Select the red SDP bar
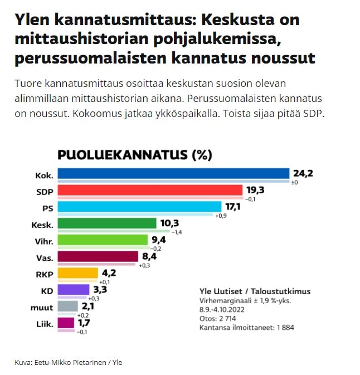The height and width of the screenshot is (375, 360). [x=150, y=190]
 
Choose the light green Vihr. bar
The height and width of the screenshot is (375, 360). [x=104, y=240]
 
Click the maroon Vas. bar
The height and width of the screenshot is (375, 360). [x=98, y=256]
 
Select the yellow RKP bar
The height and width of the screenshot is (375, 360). [x=78, y=273]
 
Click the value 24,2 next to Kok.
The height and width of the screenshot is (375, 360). [x=304, y=173]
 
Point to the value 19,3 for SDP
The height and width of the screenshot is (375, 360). [x=255, y=190]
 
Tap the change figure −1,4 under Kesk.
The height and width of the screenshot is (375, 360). [x=178, y=232]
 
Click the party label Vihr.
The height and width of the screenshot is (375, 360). [x=44, y=241]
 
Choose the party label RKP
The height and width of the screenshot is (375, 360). [x=44, y=274]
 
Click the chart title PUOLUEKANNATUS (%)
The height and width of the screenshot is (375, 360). [x=135, y=155]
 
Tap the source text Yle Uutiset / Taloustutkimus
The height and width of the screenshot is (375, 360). [x=255, y=291]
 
